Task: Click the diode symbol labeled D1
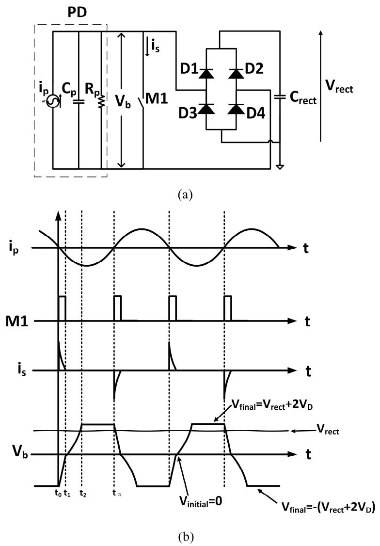click(x=207, y=74)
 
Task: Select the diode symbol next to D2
click(x=237, y=74)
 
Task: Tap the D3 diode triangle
click(x=207, y=109)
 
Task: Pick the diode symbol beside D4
click(x=237, y=109)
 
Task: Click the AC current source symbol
click(x=53, y=102)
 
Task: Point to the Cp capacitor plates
click(x=79, y=102)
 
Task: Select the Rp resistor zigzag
click(x=101, y=102)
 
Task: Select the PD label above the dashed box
click(x=77, y=13)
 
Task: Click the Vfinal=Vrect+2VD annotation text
click(x=272, y=405)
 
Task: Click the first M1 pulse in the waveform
click(x=63, y=308)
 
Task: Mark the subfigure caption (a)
click(x=185, y=194)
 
